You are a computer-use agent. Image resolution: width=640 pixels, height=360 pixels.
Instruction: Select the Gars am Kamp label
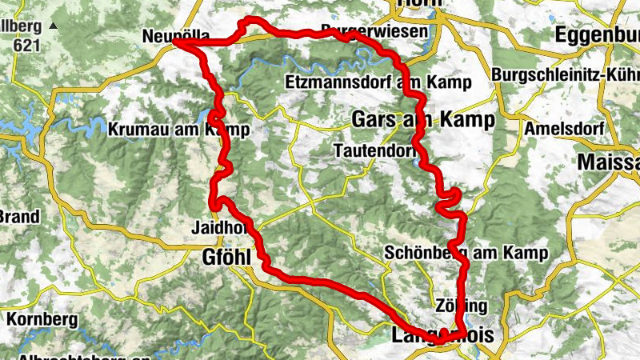click(x=422, y=119)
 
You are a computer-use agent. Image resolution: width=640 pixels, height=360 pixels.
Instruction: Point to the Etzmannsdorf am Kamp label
click(x=377, y=82)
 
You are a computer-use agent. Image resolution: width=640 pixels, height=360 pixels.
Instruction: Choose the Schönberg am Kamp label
click(x=466, y=254)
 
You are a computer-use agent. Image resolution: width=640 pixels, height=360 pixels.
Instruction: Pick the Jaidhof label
click(x=217, y=227)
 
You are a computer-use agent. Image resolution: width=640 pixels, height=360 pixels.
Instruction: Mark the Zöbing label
click(x=462, y=306)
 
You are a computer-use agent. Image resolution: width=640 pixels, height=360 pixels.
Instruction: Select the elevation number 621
click(x=26, y=46)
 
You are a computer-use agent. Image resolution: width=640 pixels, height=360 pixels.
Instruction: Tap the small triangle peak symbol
click(x=53, y=26)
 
